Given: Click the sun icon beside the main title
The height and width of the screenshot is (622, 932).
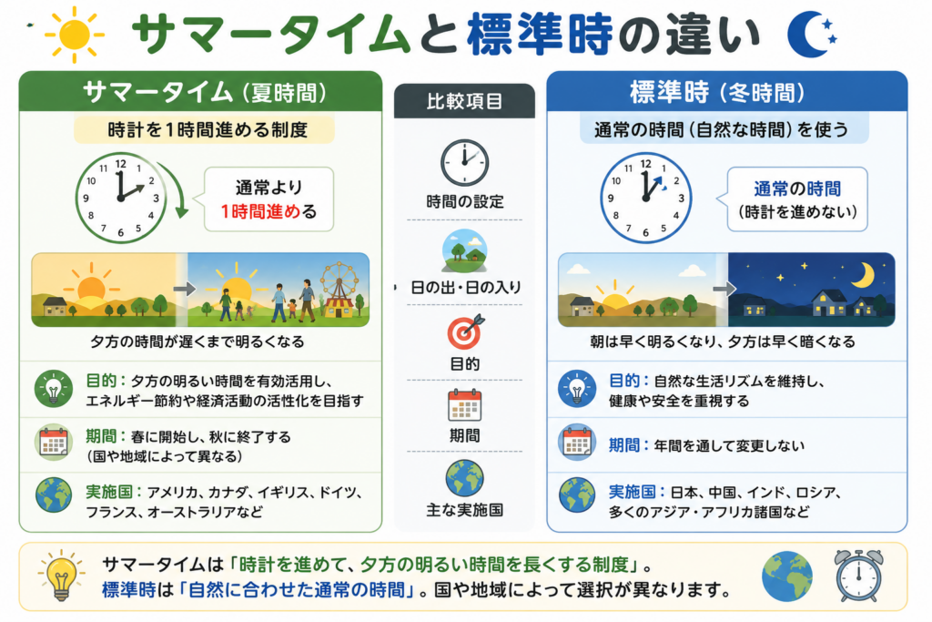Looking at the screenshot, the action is click(x=75, y=35).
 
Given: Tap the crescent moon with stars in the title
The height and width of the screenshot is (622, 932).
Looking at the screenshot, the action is click(x=809, y=35).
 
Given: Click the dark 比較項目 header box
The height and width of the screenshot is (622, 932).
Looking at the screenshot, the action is click(x=464, y=100).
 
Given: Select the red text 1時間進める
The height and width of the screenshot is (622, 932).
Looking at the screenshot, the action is click(x=260, y=211).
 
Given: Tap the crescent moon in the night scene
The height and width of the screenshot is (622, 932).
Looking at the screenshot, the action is click(x=864, y=275).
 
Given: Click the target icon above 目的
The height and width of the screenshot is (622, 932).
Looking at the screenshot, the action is click(x=465, y=331).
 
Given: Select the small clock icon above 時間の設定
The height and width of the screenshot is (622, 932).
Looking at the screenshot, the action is click(x=464, y=163).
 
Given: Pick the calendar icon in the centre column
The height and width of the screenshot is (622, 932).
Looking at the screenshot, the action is click(x=464, y=405).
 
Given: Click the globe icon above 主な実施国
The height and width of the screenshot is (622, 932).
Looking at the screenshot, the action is click(x=464, y=478).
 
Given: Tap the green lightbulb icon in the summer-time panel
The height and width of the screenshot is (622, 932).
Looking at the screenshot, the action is click(x=54, y=389).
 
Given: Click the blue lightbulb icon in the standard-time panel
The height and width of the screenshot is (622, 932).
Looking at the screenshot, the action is click(x=576, y=389).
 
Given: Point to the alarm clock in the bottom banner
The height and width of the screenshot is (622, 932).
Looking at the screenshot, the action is click(x=858, y=575).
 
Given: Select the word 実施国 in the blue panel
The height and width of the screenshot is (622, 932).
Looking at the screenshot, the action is click(x=632, y=492).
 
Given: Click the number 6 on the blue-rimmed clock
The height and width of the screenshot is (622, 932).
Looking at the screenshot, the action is click(x=645, y=232).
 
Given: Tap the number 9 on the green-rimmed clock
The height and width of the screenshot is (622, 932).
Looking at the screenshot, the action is click(x=86, y=198).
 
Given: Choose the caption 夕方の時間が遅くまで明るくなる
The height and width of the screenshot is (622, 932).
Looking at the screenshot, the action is click(x=198, y=342).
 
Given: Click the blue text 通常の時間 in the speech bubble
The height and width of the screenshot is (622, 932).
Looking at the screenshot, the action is click(x=797, y=189).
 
